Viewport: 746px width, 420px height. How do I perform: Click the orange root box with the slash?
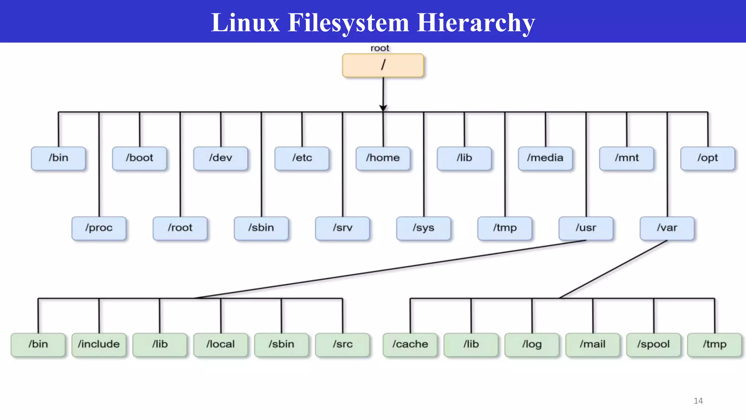[383, 65]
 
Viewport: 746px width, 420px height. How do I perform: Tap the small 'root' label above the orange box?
[380, 48]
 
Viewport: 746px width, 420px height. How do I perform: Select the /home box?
[383, 158]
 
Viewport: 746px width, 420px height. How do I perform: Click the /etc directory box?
[302, 158]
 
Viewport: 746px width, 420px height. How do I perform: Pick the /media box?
[545, 158]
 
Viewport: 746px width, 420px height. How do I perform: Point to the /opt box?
[707, 158]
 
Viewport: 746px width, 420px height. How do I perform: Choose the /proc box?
[99, 228]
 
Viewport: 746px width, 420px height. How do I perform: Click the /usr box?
[586, 228]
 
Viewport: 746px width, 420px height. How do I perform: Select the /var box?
[667, 228]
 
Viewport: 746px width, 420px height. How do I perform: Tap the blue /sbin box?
[261, 228]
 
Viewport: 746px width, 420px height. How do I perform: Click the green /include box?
[99, 345]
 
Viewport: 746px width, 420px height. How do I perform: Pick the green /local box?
[220, 345]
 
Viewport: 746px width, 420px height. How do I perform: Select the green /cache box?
[410, 345]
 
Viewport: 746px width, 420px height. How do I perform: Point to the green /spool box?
[653, 345]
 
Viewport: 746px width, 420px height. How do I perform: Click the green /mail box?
[593, 345]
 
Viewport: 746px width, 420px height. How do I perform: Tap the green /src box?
[342, 345]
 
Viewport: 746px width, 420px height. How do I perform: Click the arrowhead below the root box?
[383, 108]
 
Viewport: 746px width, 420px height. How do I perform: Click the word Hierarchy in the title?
[476, 23]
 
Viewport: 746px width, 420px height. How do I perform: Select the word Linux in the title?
[245, 23]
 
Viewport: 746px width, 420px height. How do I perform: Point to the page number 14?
[698, 401]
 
